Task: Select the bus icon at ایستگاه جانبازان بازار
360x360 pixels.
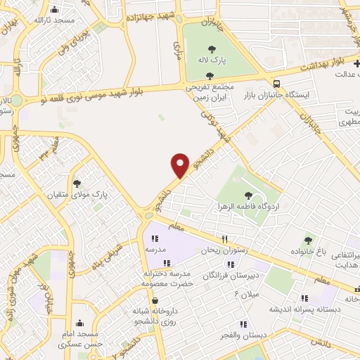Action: click(277, 82)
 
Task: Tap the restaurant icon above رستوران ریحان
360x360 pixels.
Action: click(225, 239)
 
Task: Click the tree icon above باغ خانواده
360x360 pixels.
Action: click(307, 240)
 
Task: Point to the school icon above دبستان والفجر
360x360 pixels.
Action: click(242, 324)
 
